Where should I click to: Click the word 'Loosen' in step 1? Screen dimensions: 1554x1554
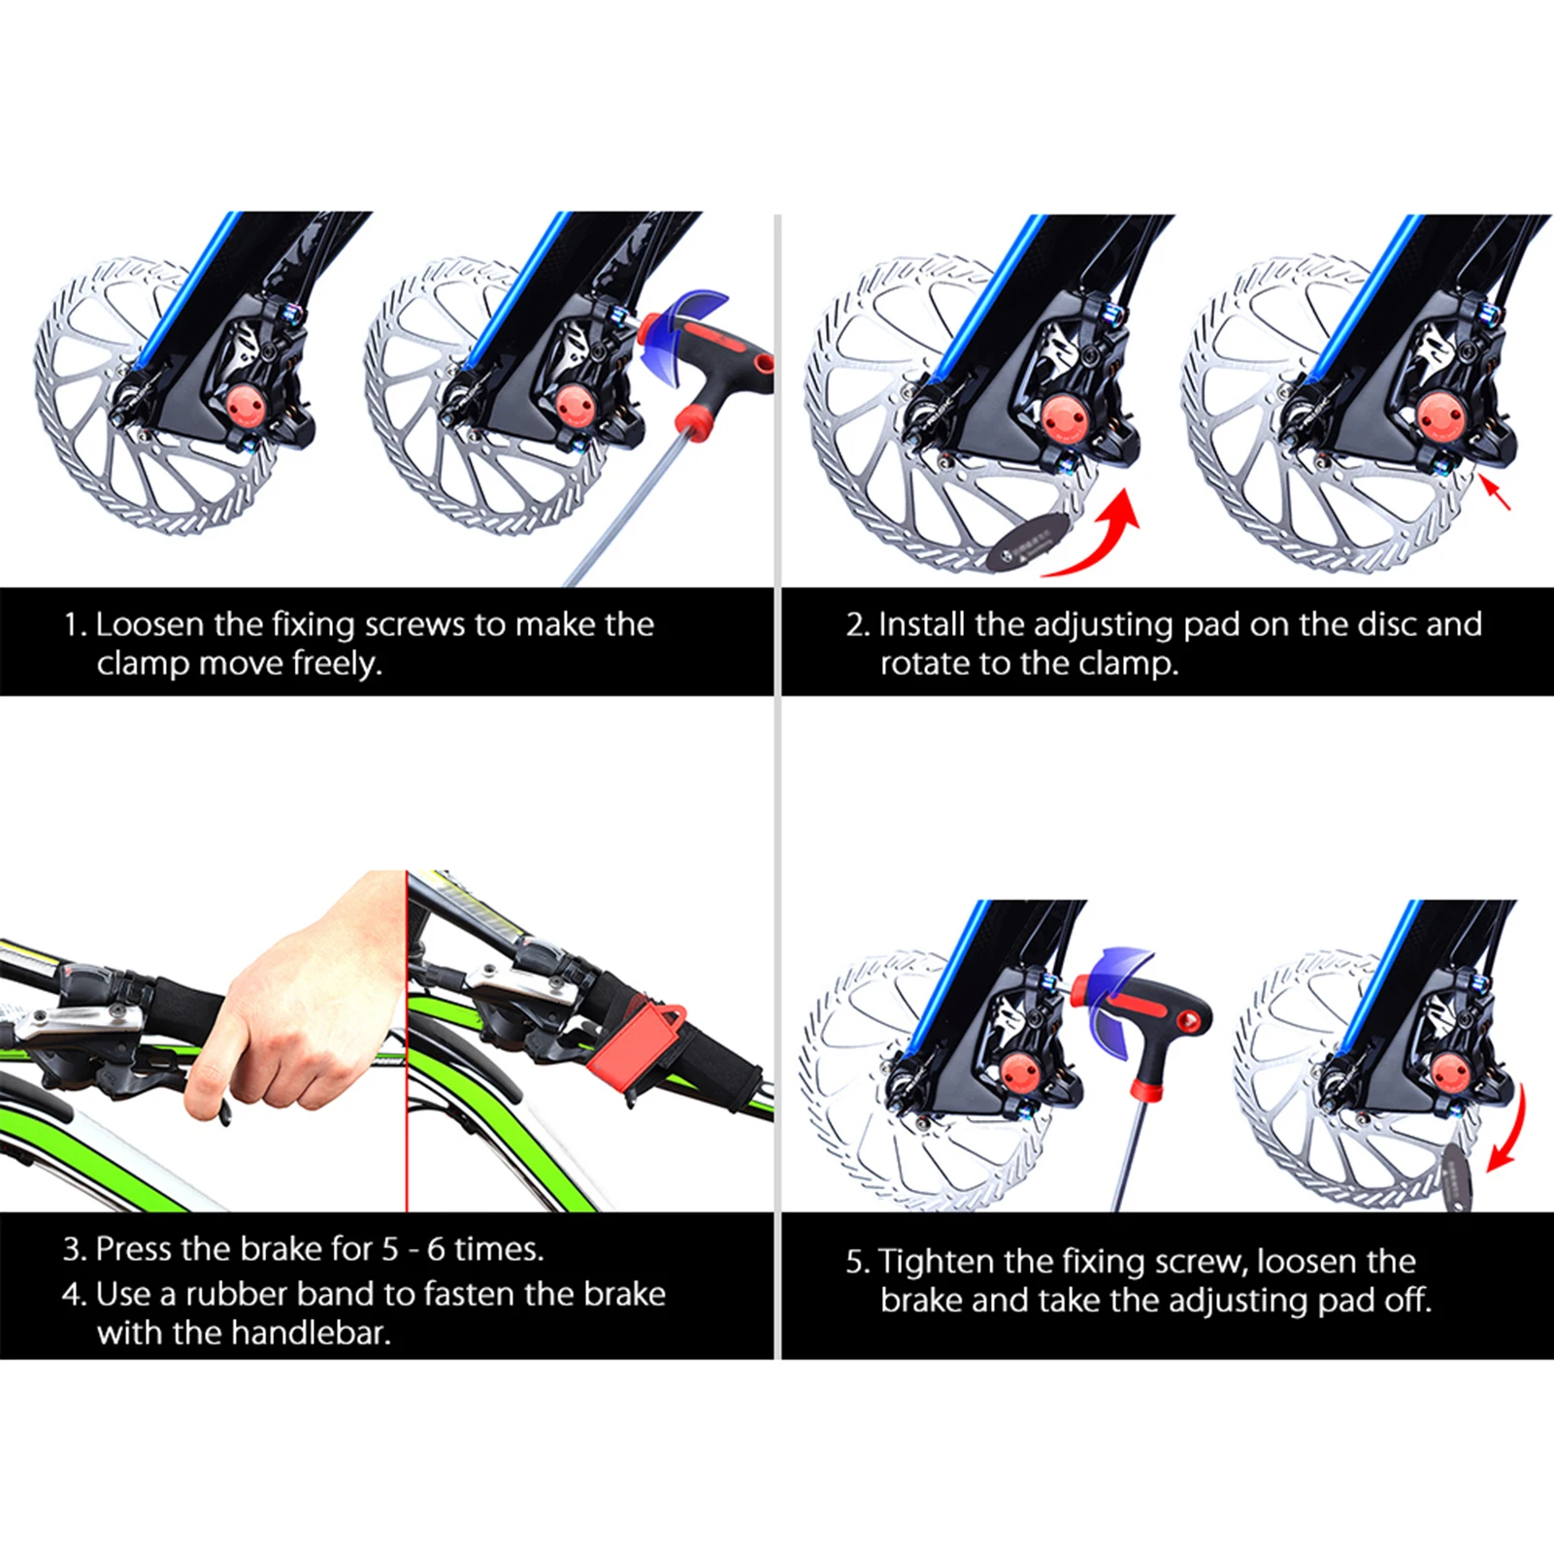point(150,624)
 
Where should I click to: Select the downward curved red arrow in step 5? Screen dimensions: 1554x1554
point(1509,1131)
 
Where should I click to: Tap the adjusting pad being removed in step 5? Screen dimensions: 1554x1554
point(1456,1174)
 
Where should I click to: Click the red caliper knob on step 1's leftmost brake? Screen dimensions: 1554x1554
point(244,406)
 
